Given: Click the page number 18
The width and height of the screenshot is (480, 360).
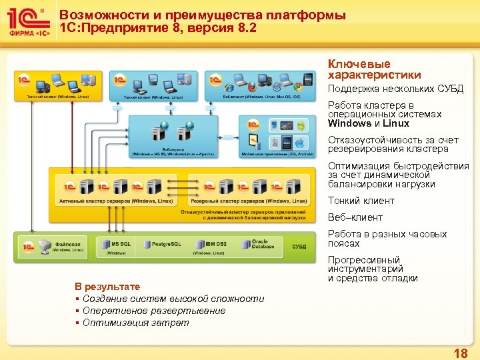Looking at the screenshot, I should tap(460, 352).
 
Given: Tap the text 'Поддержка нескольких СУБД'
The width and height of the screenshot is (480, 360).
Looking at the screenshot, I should tap(395, 89).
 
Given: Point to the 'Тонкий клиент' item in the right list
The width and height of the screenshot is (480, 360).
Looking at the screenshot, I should tap(361, 201).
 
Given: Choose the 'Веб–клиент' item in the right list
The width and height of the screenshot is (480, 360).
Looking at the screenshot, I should tap(355, 217).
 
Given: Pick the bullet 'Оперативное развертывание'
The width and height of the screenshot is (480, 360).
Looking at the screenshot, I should tap(154, 311).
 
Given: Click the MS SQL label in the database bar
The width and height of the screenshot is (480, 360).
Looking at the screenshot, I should tap(120, 244).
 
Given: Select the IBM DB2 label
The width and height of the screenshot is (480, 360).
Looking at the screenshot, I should tap(216, 244).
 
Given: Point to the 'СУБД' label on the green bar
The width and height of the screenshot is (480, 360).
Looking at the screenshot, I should tap(299, 247).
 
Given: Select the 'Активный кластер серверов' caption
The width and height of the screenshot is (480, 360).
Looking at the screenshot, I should tap(114, 201).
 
